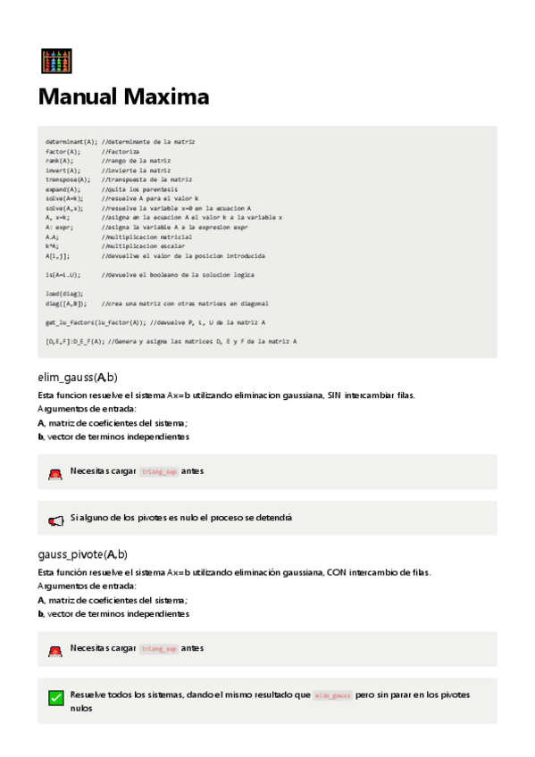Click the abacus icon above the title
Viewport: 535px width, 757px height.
56,61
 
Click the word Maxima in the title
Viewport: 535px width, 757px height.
167,97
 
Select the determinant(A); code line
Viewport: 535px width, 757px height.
71,142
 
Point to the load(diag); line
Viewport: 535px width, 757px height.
64,293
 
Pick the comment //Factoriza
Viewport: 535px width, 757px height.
121,152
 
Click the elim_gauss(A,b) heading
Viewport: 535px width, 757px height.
78,378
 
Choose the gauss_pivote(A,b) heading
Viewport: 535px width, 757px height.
82,554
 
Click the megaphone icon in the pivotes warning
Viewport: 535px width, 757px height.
55,520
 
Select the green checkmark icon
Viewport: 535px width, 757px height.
55,699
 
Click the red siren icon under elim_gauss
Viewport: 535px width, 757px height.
55,473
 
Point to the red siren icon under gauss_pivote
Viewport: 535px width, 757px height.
55,651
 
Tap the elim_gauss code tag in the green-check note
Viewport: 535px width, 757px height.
333,695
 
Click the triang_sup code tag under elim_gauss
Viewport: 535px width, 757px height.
160,471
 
